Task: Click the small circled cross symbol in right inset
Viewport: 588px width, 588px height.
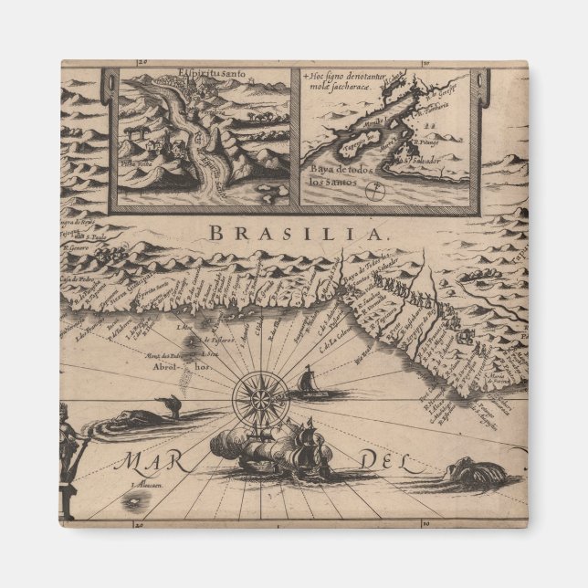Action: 374,192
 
